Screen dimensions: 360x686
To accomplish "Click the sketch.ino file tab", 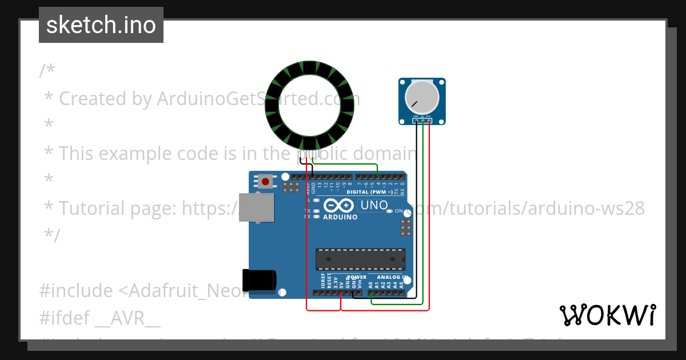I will coord(101,25).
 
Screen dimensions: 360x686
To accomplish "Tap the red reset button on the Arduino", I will coord(265,182).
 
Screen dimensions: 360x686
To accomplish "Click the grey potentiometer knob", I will coord(422,97).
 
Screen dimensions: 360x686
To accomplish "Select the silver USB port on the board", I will coord(256,207).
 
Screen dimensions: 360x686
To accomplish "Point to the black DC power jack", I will coord(258,280).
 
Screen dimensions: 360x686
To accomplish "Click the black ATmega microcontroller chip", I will coord(361,259).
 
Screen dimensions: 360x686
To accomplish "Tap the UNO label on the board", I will coord(374,205).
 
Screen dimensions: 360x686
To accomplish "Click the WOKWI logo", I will coord(607,315).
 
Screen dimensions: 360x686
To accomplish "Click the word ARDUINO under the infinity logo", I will coord(340,217).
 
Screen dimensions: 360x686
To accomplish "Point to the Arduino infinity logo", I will coord(339,205).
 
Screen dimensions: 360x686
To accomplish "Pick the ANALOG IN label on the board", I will coord(392,277).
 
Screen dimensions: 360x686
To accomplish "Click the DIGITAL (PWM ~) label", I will coord(370,193).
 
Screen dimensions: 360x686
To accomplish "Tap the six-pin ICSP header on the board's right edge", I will coord(406,227).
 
